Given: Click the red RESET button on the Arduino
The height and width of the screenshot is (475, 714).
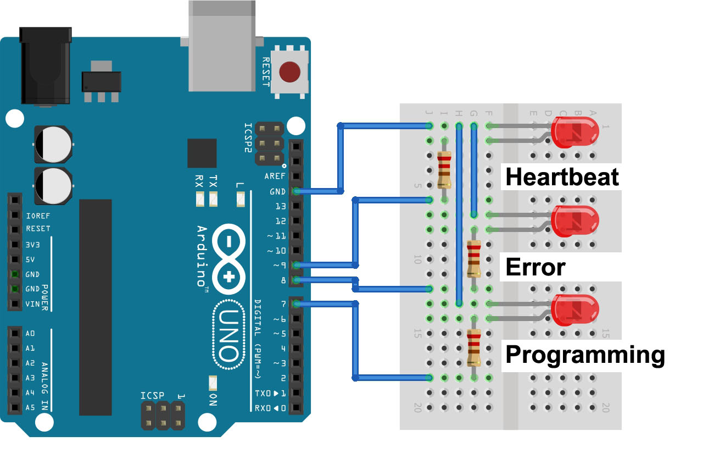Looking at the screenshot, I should click(x=289, y=72).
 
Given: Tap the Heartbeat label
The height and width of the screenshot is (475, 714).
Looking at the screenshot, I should click(x=561, y=177).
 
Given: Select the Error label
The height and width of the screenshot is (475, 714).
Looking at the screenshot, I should click(x=535, y=267).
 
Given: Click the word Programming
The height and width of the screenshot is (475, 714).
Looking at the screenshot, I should click(x=584, y=355).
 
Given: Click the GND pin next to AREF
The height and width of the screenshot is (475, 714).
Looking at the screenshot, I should click(x=297, y=191).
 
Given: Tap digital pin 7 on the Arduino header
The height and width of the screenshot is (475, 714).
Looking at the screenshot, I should click(x=297, y=303).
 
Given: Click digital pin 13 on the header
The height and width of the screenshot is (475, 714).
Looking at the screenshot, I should click(x=297, y=206).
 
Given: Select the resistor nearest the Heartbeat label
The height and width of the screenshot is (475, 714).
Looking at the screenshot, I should click(x=444, y=170).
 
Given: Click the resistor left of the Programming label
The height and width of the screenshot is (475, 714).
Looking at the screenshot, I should click(x=473, y=347).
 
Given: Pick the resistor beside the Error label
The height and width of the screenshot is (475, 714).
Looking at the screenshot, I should click(x=473, y=258).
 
